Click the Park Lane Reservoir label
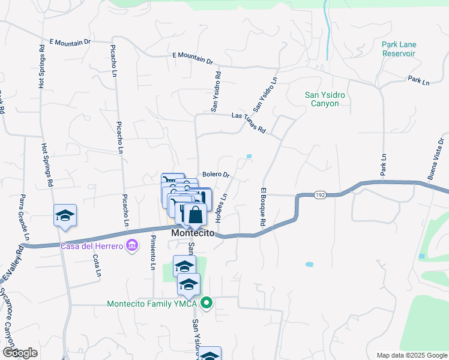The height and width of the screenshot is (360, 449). click(399, 49)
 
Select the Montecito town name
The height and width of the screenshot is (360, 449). click(193, 233)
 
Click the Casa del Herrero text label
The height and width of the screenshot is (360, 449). click(91, 246)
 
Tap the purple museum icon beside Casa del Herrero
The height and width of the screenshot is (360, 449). click(133, 246)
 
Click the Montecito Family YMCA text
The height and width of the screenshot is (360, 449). click(153, 304)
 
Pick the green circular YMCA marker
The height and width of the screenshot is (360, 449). click(206, 303)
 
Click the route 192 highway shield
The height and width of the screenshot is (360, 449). click(319, 195)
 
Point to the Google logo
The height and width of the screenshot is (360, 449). click(20, 353)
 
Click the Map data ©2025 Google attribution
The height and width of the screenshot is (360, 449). click(412, 355)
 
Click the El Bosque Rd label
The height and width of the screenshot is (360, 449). click(263, 207)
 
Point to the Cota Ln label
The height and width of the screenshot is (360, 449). click(97, 265)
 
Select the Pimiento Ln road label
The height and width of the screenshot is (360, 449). click(153, 253)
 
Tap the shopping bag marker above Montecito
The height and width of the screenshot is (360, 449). click(195, 214)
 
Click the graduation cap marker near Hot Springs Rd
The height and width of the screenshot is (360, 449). click(65, 216)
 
